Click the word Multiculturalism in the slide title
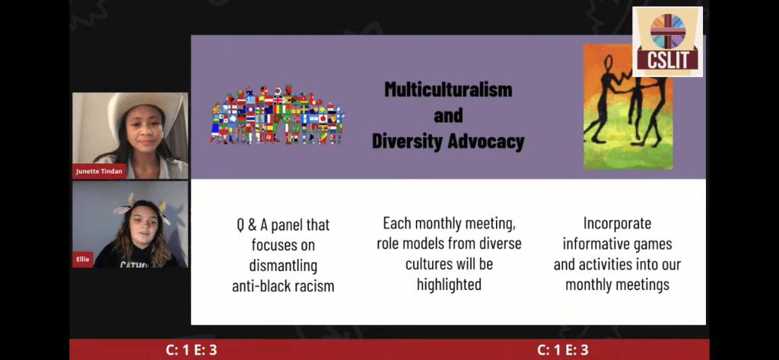pyautogui.click(x=448, y=90)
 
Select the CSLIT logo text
pyautogui.click(x=667, y=59)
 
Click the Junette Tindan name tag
pyautogui.click(x=99, y=171)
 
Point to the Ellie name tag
pyautogui.click(x=82, y=259)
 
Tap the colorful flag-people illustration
pyautogui.click(x=277, y=116)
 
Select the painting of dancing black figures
pyautogui.click(x=628, y=107)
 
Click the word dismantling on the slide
pyautogui.click(x=283, y=265)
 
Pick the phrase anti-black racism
pyautogui.click(x=283, y=285)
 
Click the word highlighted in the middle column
pyautogui.click(x=449, y=284)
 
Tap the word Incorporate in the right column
pyautogui.click(x=617, y=223)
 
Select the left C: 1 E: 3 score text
pyautogui.click(x=191, y=350)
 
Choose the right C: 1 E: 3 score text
pyautogui.click(x=563, y=350)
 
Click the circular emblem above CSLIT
pyautogui.click(x=668, y=31)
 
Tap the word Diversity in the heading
pyautogui.click(x=408, y=142)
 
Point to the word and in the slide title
pyautogui.click(x=448, y=116)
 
